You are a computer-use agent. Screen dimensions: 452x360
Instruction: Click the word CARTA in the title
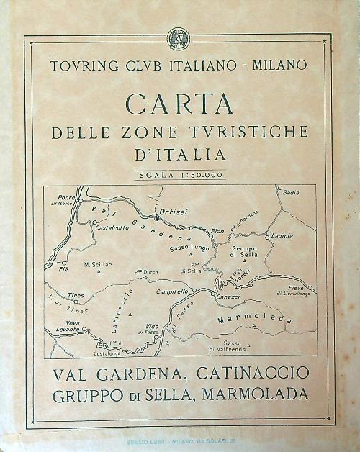click(x=179, y=104)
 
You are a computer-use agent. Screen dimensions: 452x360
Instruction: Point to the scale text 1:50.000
click(x=198, y=174)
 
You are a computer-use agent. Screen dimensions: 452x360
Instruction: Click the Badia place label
click(x=291, y=194)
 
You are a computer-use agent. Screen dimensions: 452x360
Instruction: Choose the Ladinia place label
click(x=282, y=235)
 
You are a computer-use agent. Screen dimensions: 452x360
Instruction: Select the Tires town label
click(x=76, y=295)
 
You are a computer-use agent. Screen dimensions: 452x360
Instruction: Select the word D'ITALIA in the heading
click(x=179, y=154)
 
